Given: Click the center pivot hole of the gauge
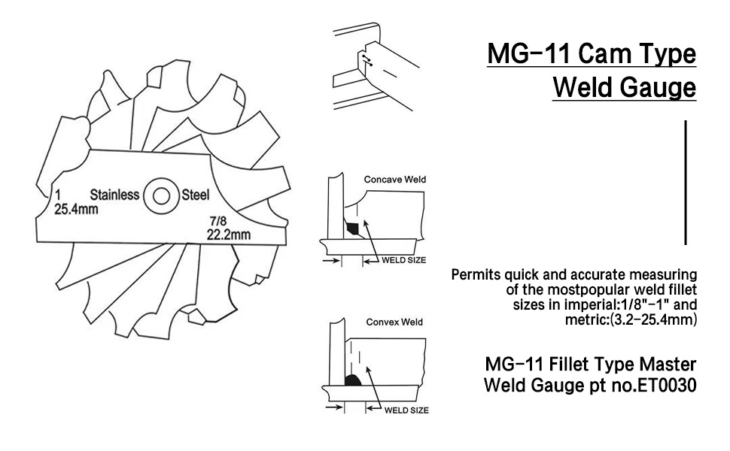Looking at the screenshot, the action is coord(161,195).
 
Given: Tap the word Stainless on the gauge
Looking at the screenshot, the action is coord(114,195).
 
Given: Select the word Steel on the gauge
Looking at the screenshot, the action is coord(196,195).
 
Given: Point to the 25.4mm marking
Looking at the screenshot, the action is coord(76,209).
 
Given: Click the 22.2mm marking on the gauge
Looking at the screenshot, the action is coord(229,235).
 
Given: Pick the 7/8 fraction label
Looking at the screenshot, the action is coord(218,221).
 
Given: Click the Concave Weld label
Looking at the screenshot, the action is coord(395,180).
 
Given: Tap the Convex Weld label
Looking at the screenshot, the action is coord(394,322).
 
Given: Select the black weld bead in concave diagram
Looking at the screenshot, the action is coord(352,228).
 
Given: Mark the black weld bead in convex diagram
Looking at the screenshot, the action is coord(353,380).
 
